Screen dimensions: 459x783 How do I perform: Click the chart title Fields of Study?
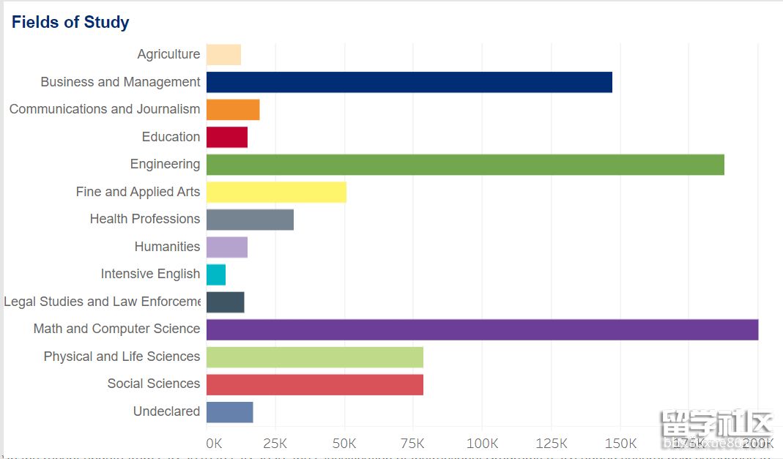coord(70,22)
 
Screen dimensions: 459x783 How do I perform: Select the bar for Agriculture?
coord(223,55)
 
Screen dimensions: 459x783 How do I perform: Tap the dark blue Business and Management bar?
coord(409,82)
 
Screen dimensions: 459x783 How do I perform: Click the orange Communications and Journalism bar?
coord(233,110)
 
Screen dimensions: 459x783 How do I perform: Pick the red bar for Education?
coord(227,137)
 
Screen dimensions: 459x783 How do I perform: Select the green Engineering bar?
coord(465,165)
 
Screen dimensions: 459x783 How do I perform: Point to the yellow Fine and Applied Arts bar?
coord(276,192)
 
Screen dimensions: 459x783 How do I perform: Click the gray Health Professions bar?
coord(250,220)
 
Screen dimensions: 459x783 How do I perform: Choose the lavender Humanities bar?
coord(227,247)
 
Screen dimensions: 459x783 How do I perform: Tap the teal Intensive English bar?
coord(216,275)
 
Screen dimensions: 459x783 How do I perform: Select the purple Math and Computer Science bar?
coord(482,329)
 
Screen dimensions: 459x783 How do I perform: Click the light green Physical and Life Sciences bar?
coord(315,357)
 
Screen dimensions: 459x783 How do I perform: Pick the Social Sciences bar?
coord(315,384)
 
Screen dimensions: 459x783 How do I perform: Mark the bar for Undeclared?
coord(229,412)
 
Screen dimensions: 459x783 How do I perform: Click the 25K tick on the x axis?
coord(275,444)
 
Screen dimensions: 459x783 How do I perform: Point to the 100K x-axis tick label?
coord(482,444)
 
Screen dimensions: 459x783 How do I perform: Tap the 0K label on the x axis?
coord(214,444)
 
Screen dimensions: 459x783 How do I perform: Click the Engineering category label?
coord(165,164)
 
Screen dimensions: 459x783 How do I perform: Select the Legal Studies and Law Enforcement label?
coord(102,302)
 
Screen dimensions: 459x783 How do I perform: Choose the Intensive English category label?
coord(150,274)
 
